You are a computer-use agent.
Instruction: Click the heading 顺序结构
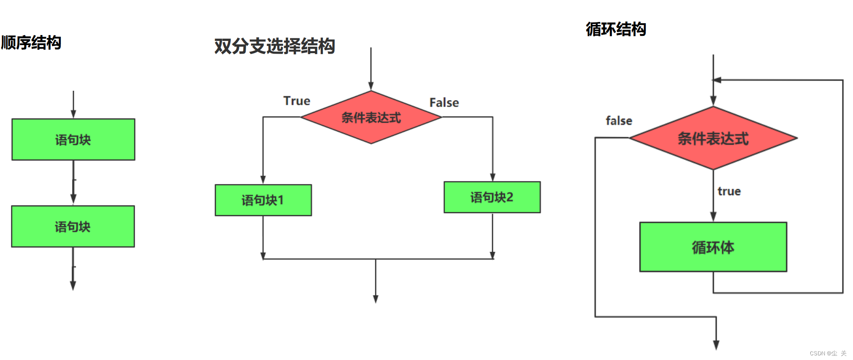pos(31,43)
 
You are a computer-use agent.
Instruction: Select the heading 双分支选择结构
pos(274,46)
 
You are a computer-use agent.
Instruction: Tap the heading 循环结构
pos(616,29)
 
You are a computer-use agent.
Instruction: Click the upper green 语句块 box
pos(73,139)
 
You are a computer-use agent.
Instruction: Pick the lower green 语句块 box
pos(73,226)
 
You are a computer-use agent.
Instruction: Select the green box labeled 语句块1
pos(263,200)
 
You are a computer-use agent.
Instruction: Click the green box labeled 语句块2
pos(492,197)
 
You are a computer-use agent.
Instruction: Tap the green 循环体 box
pos(713,247)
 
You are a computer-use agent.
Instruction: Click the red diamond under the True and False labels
pos(371,117)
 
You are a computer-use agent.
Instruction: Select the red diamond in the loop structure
pos(713,138)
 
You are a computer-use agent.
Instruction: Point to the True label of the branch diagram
pos(297,101)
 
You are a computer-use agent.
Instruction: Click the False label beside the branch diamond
pos(444,103)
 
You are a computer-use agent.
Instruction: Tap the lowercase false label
pos(619,121)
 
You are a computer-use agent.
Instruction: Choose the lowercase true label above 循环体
pos(729,191)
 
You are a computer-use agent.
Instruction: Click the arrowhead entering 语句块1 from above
pos(263,179)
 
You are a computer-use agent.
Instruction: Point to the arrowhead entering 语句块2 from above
pos(493,177)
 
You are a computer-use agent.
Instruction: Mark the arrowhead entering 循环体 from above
pos(713,217)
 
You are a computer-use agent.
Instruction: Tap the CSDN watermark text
pos(828,353)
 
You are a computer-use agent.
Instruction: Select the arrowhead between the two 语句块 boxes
pos(73,198)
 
